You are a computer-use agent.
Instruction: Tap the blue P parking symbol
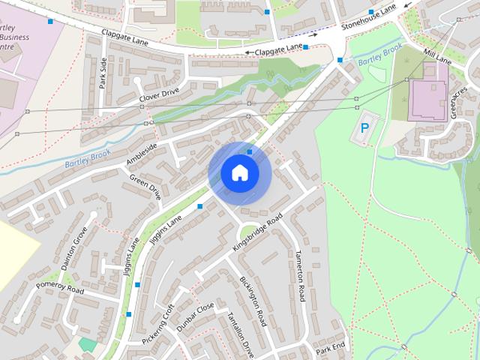point(364,129)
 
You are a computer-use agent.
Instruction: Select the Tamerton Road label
point(301,274)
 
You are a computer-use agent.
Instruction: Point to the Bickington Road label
point(253,301)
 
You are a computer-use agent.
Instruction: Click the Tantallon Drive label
point(241,336)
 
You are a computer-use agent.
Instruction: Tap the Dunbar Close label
point(196,317)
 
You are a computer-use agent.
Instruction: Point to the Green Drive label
point(145,187)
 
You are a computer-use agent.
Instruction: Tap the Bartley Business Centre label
point(16,34)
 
